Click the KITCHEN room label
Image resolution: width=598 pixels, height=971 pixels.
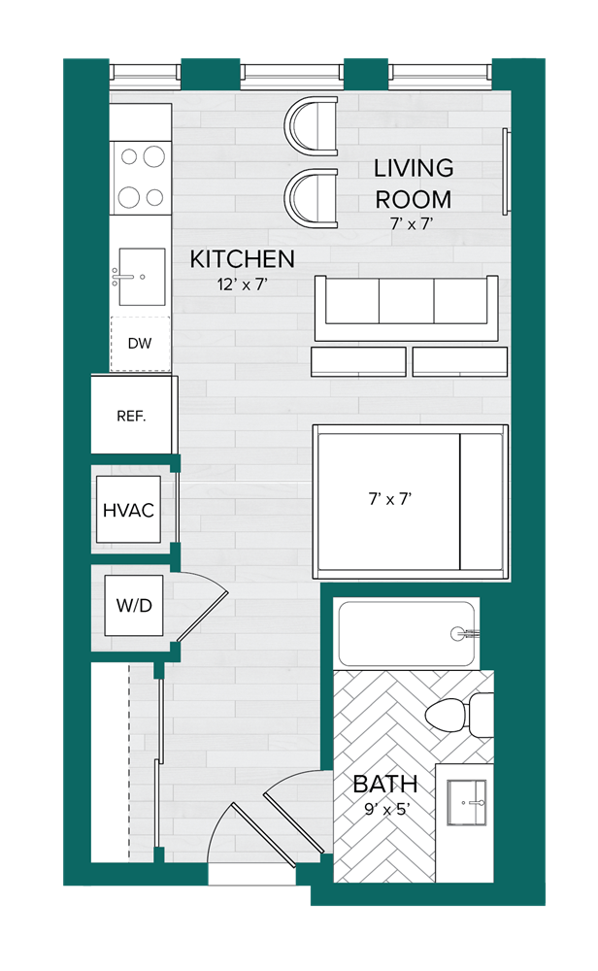[x=242, y=259]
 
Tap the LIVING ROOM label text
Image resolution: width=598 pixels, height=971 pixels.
[x=414, y=183]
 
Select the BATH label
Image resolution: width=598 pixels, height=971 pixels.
[x=384, y=784]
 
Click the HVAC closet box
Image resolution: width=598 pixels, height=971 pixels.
[x=128, y=510]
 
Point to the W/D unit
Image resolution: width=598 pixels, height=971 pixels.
[x=133, y=606]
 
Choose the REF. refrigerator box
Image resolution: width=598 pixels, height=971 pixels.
[x=131, y=416]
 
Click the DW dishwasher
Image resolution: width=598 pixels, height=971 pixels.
[x=140, y=344]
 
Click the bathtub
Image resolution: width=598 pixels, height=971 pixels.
[x=406, y=634]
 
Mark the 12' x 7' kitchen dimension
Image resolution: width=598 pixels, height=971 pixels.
[x=242, y=285]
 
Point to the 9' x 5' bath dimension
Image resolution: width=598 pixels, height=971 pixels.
[x=384, y=808]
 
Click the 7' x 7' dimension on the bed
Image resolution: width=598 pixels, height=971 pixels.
[x=390, y=499]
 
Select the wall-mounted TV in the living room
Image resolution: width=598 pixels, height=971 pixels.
[x=504, y=171]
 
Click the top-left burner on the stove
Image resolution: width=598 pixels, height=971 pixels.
[x=127, y=155]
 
